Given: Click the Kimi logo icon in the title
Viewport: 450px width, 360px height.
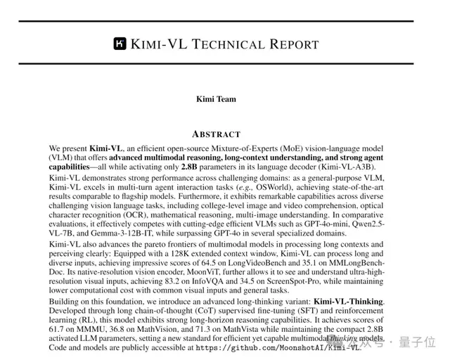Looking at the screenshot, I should (x=120, y=44).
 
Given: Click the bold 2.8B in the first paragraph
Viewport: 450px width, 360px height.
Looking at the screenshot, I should (x=188, y=167).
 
